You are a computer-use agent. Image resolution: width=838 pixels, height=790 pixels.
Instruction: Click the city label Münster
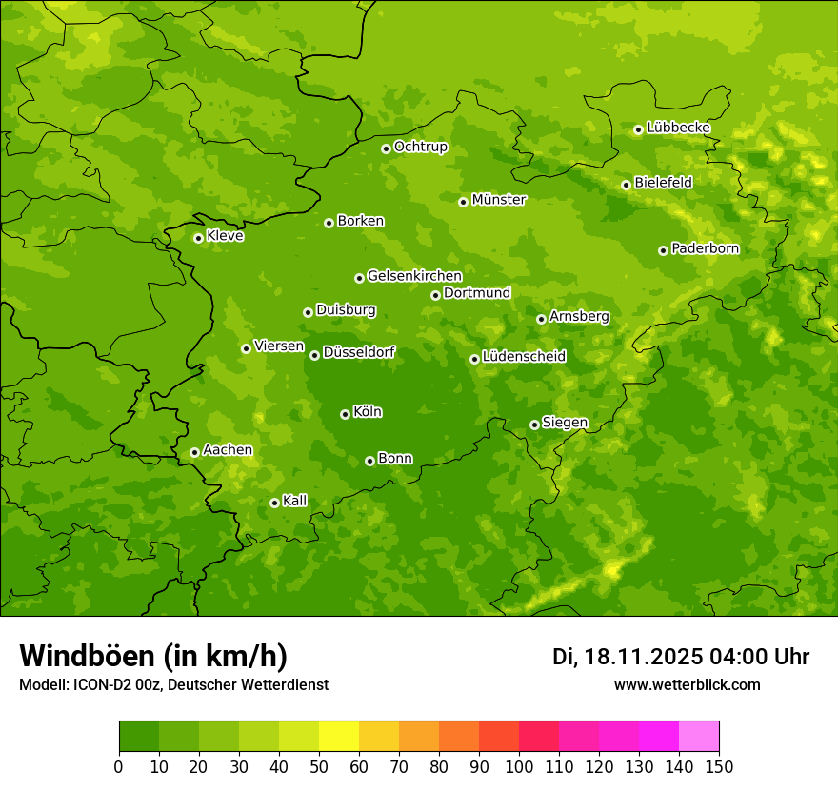499,200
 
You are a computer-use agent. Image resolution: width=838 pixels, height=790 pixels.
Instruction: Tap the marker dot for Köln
345,414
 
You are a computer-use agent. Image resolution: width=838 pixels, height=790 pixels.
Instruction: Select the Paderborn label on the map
705,248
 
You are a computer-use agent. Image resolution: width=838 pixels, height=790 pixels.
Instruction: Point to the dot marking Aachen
194,452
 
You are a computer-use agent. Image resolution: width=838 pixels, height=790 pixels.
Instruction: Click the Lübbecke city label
678,128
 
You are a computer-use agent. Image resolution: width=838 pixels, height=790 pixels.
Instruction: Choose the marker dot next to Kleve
198,238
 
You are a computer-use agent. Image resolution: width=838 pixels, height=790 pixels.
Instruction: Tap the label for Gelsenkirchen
414,276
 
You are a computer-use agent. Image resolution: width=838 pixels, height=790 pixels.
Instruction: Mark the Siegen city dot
534,425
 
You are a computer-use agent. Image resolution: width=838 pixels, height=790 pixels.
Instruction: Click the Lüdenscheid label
524,357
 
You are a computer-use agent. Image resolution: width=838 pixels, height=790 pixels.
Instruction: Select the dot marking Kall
274,503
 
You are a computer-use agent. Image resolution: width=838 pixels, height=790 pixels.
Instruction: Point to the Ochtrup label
420,147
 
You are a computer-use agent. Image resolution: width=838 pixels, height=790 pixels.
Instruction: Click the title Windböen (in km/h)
153,656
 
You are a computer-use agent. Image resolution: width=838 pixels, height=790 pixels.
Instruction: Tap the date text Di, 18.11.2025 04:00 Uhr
681,657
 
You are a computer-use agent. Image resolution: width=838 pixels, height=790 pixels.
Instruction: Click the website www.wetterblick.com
687,685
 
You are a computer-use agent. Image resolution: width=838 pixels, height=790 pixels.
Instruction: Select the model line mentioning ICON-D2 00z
173,685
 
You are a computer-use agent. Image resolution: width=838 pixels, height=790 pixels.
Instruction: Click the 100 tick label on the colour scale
519,767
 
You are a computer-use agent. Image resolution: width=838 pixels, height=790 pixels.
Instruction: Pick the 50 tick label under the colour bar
319,767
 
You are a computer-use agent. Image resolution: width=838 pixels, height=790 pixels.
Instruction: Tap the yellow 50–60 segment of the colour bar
339,737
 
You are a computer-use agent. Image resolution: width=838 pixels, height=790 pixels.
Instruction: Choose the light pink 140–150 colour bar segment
699,737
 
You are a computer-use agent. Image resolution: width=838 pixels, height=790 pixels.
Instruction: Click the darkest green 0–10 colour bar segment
139,737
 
